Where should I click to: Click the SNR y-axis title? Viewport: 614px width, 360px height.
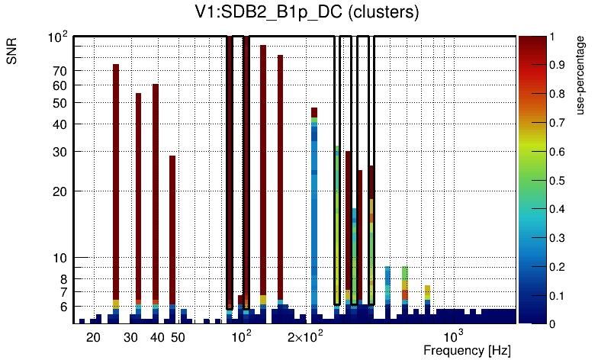13,54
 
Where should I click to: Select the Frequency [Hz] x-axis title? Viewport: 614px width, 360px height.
467,350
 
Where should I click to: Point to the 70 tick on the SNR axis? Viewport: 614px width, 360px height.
59,71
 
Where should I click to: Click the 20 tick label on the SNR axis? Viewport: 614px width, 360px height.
59,191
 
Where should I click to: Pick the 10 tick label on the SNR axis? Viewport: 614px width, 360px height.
59,258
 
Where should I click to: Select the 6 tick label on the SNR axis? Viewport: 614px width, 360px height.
63,307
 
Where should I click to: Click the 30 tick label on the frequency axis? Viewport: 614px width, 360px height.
130,337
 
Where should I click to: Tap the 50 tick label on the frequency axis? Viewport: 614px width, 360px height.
178,337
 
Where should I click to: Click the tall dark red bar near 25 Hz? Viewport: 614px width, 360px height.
116,183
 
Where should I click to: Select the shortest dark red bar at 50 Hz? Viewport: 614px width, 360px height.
172,229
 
